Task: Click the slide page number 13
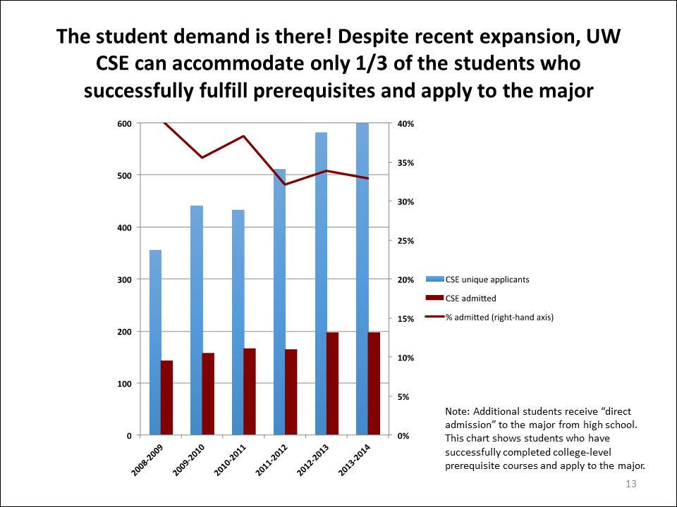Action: click(631, 484)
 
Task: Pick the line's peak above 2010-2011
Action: click(244, 136)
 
